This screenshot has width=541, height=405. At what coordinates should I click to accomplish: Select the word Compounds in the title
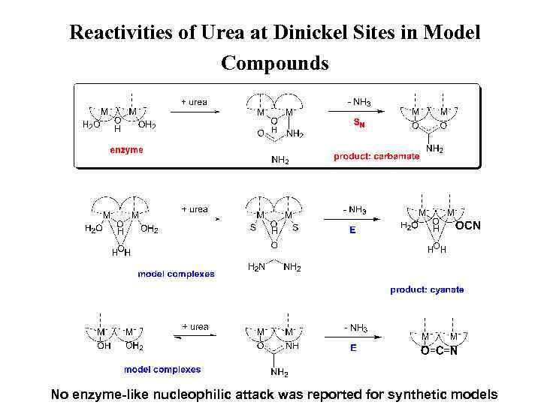(x=274, y=63)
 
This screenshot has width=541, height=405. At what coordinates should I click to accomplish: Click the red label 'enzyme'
(x=127, y=150)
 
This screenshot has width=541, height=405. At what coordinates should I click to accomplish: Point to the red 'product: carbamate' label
(x=376, y=157)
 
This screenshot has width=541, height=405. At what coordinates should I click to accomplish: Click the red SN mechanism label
(x=359, y=124)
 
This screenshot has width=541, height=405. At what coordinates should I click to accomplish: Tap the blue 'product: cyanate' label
(x=427, y=289)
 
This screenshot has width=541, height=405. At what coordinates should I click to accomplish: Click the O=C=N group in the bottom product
(x=440, y=350)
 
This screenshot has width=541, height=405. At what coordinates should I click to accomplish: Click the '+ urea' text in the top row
(x=194, y=102)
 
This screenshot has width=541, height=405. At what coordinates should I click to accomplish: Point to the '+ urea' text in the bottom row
(x=194, y=327)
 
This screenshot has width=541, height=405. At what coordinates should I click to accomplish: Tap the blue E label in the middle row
(x=352, y=231)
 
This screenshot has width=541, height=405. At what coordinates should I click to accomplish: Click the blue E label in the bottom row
(x=352, y=348)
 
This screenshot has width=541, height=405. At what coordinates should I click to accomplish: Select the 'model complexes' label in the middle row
(x=176, y=274)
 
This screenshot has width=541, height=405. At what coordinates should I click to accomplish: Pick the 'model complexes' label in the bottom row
(x=162, y=369)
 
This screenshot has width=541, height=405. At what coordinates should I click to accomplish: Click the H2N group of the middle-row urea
(x=256, y=267)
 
